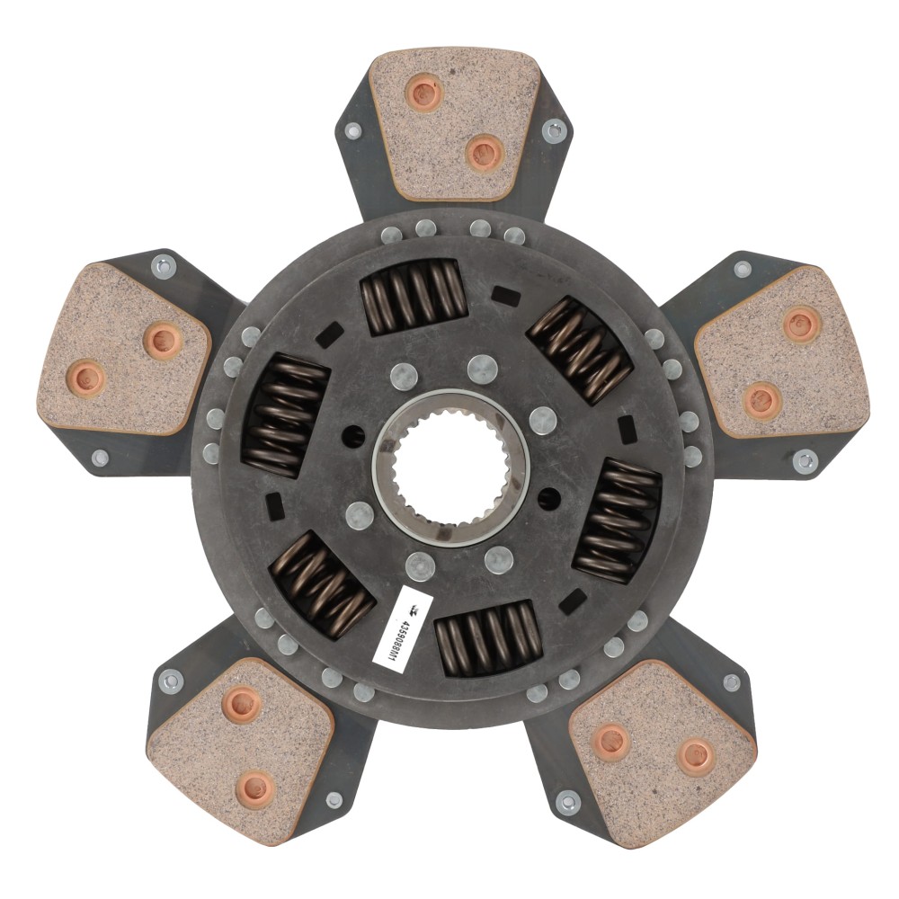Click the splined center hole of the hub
pyautogui.click(x=450, y=467)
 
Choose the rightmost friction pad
pyautogui.click(x=782, y=352)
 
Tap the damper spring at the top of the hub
pyautogui.click(x=414, y=297)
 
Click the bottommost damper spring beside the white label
pyautogui.click(x=489, y=637)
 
